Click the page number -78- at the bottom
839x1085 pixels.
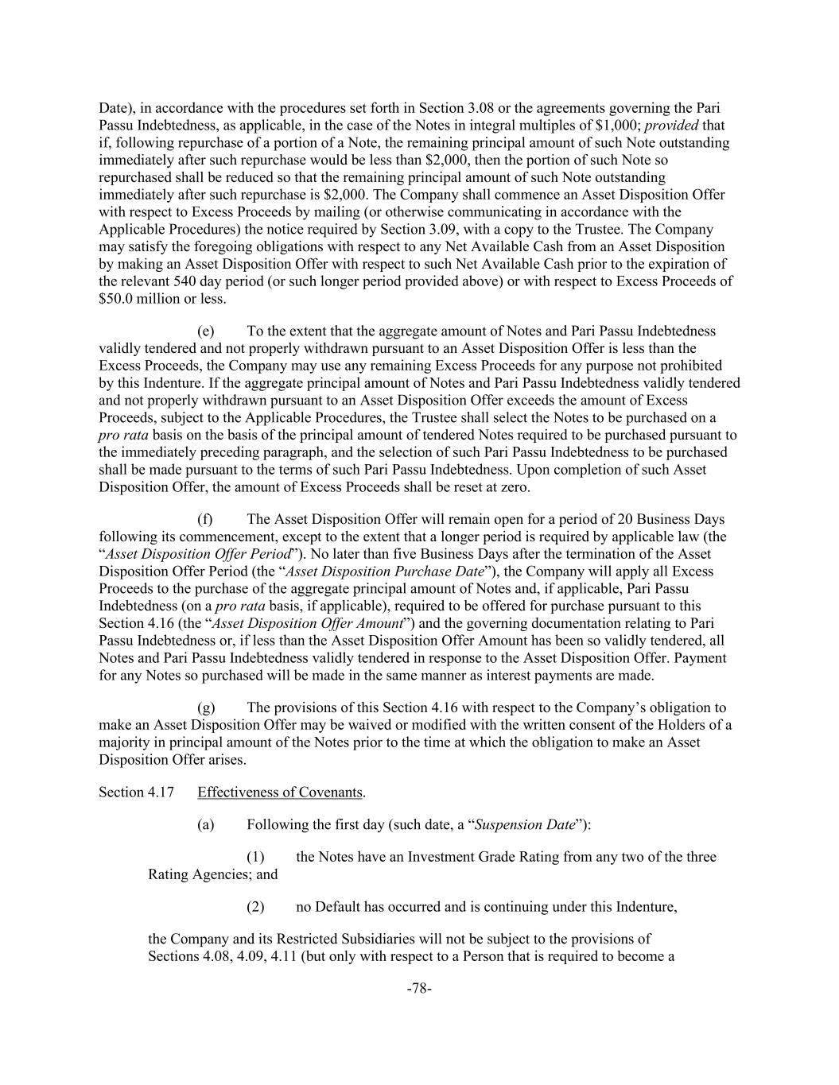point(418,988)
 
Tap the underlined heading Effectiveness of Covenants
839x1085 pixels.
point(280,792)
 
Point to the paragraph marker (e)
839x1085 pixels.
point(205,331)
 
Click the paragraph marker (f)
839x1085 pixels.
point(205,519)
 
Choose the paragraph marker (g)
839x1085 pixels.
point(205,707)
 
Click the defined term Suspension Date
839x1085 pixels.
point(525,824)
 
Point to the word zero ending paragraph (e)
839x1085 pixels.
point(513,486)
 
